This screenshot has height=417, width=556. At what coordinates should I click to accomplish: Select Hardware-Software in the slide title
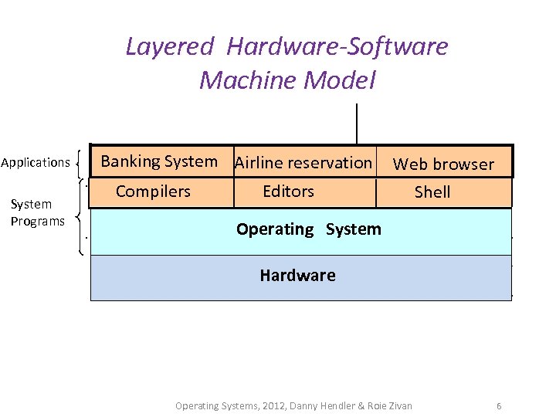pos(337,47)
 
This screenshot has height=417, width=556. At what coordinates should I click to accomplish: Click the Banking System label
pos(159,161)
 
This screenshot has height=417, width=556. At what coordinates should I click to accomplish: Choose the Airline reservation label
pos(303,163)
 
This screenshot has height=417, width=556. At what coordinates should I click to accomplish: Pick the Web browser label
pos(443,164)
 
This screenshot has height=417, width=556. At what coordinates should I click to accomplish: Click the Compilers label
pos(153,191)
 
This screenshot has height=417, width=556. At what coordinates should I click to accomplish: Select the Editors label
pos(288,191)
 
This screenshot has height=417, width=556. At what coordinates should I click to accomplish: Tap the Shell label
pos(432,192)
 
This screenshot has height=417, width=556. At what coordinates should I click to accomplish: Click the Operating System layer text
pos(308,229)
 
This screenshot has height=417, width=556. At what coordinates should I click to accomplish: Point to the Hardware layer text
pos(297,276)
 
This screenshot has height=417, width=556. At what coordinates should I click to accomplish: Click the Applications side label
pos(36,163)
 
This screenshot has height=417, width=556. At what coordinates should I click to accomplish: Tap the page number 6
pos(499,405)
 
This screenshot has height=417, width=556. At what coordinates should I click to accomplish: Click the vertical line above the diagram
pos(357,124)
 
